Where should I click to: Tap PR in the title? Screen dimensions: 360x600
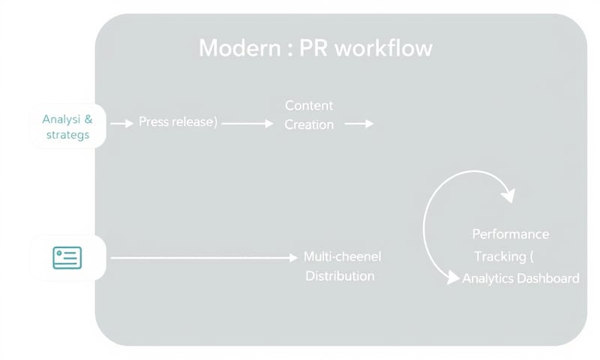(x=314, y=49)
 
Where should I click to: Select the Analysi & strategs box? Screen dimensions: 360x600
(x=67, y=127)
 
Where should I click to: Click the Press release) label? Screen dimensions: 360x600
(x=178, y=122)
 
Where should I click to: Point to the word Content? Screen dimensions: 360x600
(x=309, y=106)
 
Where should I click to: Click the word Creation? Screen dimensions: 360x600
(x=309, y=124)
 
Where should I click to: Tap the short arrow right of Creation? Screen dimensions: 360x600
(x=359, y=124)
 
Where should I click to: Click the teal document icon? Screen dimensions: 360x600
(x=67, y=258)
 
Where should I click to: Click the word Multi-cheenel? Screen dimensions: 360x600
(x=342, y=256)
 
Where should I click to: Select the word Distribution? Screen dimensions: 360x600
(x=340, y=276)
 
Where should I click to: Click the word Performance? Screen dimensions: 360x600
(x=510, y=234)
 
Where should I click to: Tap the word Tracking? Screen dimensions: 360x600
(x=499, y=256)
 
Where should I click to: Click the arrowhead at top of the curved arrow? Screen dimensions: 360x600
(x=508, y=196)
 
